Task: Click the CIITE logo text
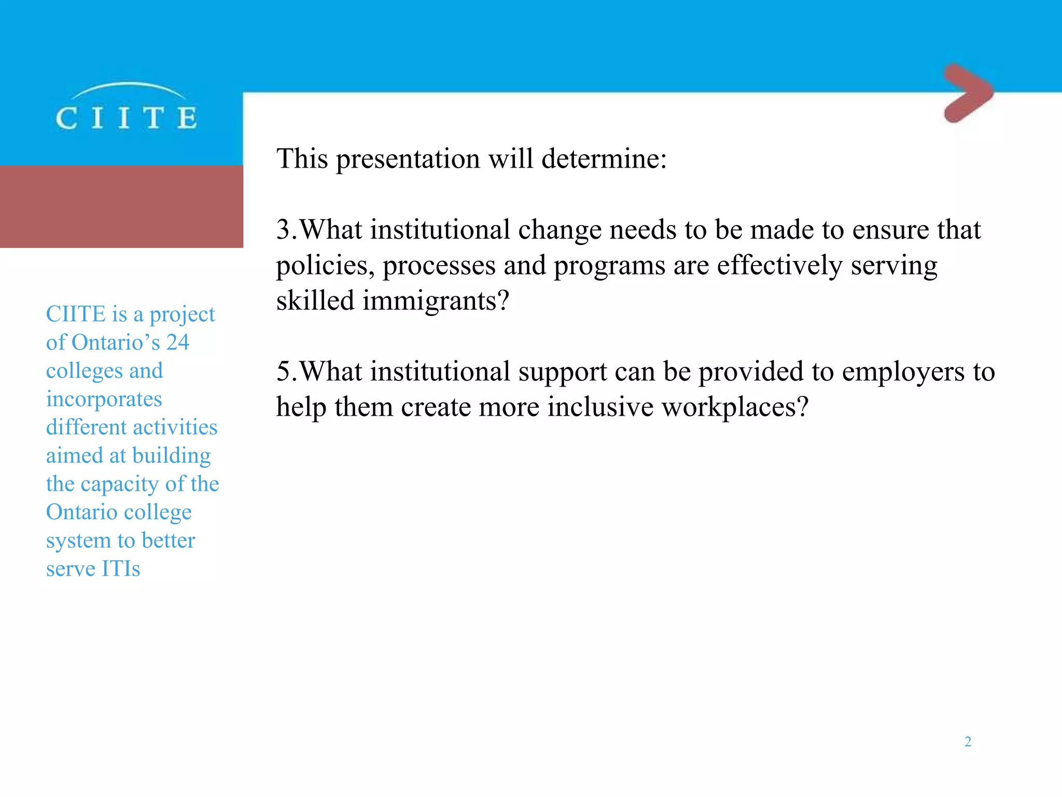click(x=127, y=118)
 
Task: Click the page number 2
click(x=968, y=741)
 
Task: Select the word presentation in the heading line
click(x=408, y=159)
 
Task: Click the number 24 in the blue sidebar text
click(x=178, y=342)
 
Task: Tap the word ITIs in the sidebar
click(x=121, y=569)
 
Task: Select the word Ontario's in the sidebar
click(x=116, y=342)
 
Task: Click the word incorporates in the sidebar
click(x=104, y=400)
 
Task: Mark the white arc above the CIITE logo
click(x=128, y=86)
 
